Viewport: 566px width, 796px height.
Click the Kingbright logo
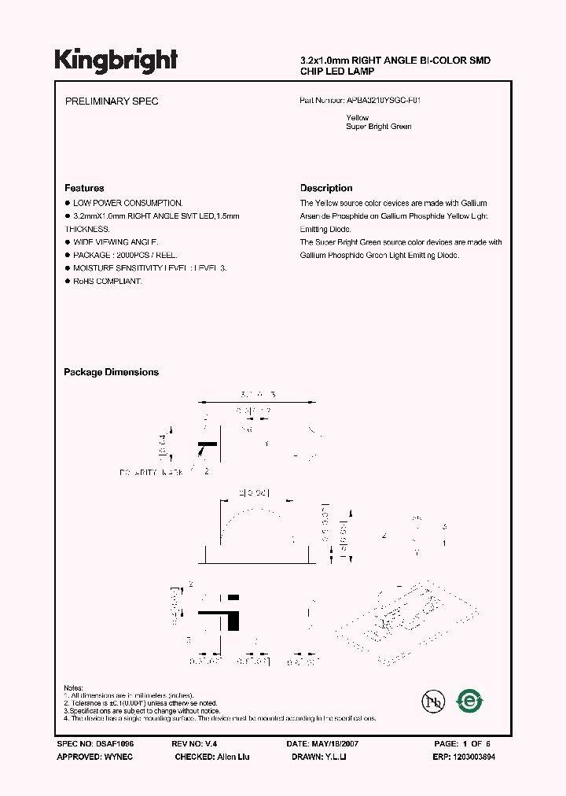point(116,61)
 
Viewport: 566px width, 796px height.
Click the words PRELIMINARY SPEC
point(111,101)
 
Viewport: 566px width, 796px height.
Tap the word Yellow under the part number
point(358,118)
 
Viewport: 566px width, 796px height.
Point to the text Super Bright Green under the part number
point(379,127)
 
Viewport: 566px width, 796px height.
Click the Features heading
point(84,188)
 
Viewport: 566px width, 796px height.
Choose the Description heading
point(326,188)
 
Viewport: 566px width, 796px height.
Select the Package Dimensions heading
point(111,372)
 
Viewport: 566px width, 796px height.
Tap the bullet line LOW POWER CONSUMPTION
point(128,203)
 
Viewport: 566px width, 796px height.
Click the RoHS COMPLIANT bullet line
point(108,281)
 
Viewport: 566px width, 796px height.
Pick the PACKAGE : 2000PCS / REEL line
point(125,255)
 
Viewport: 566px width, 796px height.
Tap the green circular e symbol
point(472,700)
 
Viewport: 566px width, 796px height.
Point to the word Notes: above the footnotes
point(73,687)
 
